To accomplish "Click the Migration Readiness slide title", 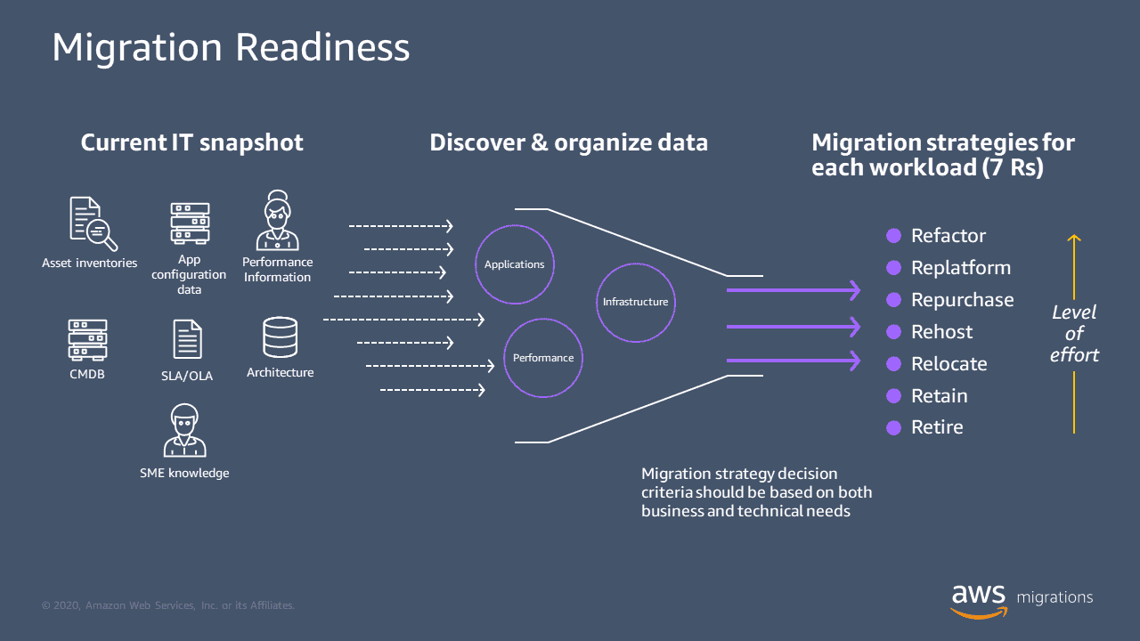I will [231, 48].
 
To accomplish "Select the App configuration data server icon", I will [190, 223].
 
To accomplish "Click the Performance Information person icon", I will [277, 221].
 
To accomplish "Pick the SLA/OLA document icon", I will [187, 339].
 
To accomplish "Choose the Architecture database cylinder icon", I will [280, 338].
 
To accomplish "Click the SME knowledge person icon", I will [184, 431].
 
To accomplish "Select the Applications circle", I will [515, 264].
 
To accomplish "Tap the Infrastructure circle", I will [635, 302].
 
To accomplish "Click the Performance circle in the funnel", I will [543, 358].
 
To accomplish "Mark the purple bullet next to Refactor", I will [894, 236].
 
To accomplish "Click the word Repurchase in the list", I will [962, 300].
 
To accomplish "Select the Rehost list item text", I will [941, 332].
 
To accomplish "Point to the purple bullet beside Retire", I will [894, 428].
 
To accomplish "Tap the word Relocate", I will [949, 364].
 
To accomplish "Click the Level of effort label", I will [1074, 334].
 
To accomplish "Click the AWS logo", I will [979, 600].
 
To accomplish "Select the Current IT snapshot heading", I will [191, 142].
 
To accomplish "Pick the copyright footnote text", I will [168, 605].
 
